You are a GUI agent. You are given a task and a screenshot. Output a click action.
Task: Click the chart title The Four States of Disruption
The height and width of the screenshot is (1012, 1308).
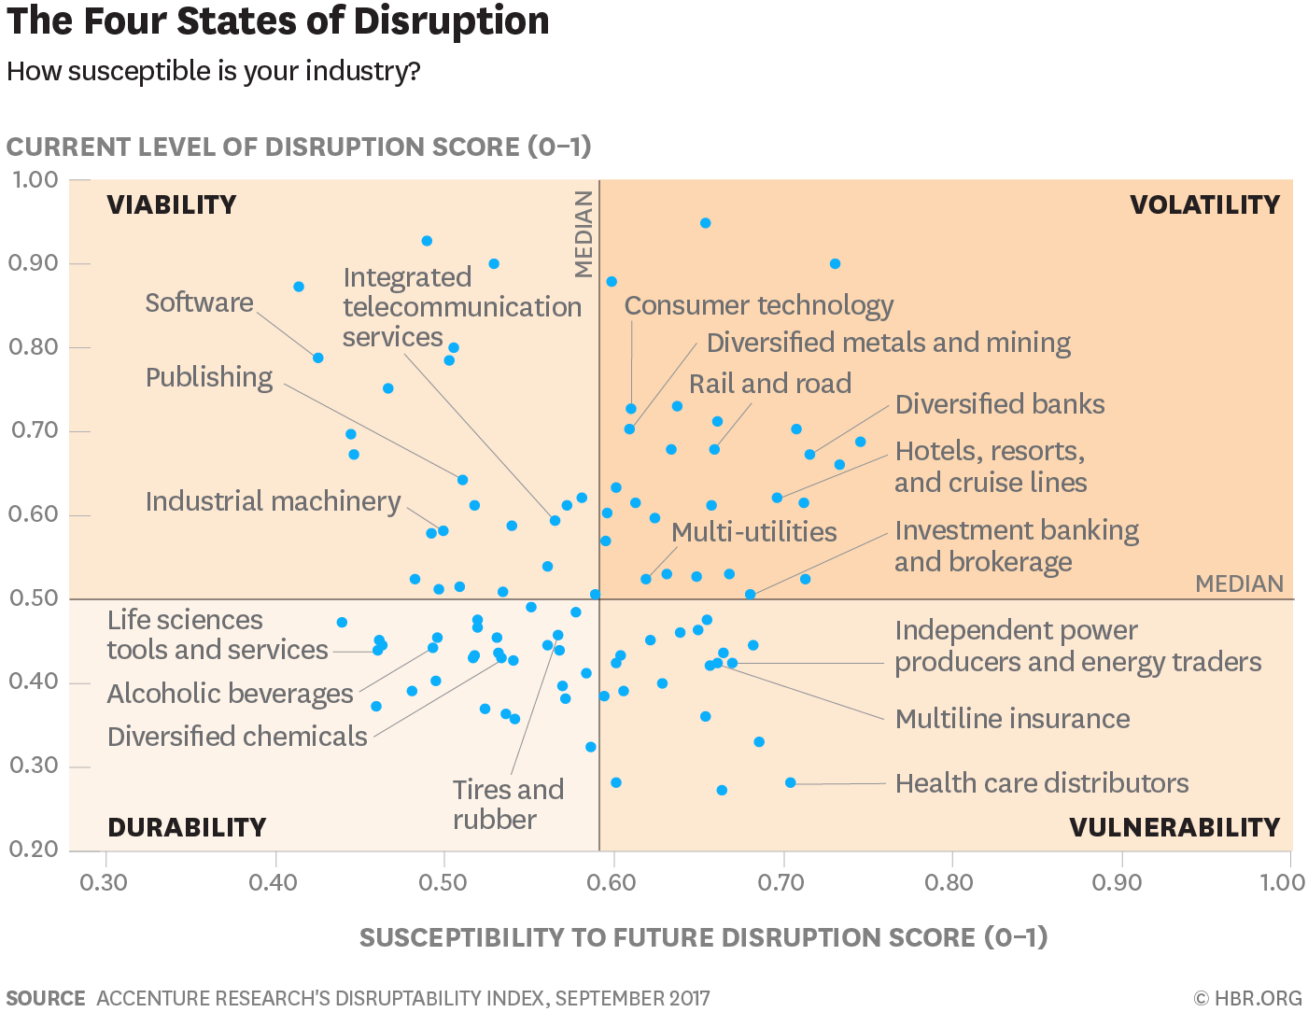coord(278,21)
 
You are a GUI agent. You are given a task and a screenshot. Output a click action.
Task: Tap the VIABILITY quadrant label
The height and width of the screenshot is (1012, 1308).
coord(172,204)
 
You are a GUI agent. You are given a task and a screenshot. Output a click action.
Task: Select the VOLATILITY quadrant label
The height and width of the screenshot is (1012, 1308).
coord(1204,204)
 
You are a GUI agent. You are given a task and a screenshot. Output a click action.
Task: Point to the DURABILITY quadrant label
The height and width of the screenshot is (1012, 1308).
coord(187,827)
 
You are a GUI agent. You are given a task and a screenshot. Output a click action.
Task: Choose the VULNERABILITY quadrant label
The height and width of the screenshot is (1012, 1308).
coord(1174,827)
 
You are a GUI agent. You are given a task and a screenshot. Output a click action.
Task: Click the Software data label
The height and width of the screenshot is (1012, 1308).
coord(199,302)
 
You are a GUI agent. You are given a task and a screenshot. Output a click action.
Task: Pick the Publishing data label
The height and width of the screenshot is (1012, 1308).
coord(209,377)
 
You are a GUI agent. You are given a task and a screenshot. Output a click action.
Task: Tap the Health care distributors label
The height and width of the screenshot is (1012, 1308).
coord(1041,783)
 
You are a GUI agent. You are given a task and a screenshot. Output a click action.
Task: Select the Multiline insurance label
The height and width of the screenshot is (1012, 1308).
coord(1012,719)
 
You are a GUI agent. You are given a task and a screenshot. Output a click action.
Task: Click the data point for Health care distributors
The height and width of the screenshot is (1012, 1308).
coord(791,782)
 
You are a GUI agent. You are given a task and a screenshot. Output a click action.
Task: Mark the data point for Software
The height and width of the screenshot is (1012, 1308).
coord(317,358)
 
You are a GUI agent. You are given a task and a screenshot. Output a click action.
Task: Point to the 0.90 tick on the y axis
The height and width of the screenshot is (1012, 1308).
coord(35,263)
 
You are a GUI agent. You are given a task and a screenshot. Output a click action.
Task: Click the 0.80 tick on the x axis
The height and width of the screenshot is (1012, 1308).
coord(949,882)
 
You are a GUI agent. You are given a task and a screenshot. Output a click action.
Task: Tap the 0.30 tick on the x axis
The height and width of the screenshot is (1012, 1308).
coord(104,882)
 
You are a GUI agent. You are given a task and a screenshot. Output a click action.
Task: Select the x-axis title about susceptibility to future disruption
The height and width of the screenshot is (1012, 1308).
coord(703,937)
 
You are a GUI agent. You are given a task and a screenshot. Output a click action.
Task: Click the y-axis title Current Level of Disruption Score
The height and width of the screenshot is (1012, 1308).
coord(299,147)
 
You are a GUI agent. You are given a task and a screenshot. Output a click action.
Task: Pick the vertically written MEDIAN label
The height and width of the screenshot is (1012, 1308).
coord(584,233)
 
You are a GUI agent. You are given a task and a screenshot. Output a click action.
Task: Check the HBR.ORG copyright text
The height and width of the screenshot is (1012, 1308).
coord(1247,998)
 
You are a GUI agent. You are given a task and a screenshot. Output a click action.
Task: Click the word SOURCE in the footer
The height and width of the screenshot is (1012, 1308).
coord(46,998)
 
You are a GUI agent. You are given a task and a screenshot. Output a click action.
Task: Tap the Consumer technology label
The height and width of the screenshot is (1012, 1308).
coord(758,305)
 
